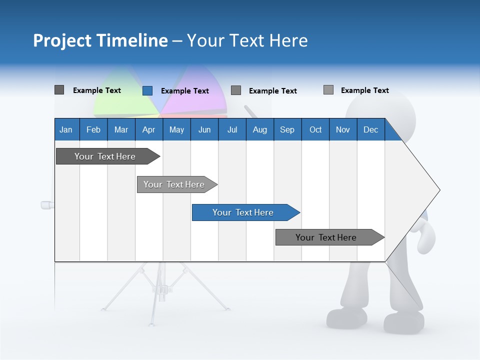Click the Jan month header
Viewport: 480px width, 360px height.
pos(66,129)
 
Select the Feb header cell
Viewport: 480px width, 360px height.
pos(93,129)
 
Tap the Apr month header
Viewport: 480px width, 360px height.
pos(148,129)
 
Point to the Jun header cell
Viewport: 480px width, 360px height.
pos(204,129)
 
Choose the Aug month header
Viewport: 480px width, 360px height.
pos(259,129)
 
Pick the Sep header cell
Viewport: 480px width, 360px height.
pos(287,129)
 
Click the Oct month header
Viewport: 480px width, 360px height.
pos(315,129)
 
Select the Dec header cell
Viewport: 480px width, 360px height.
pos(370,129)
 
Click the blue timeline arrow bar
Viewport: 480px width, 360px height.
pos(245,212)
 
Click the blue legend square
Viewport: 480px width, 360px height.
pos(147,90)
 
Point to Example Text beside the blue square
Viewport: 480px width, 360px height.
pos(185,91)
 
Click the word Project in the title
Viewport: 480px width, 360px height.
pos(62,40)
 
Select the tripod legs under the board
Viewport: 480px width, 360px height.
pos(162,290)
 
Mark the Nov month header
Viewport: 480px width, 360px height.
pos(343,129)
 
